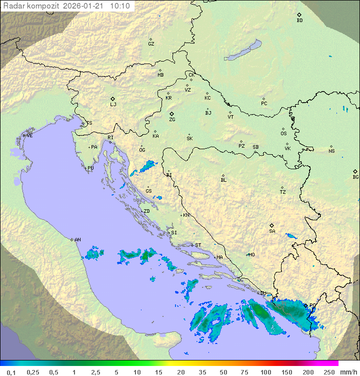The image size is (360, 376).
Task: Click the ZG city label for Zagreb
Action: tap(172, 120)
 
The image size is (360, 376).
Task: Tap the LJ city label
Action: tap(113, 105)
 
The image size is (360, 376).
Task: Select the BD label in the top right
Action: tap(299, 21)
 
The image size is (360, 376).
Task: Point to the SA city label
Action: tap(272, 231)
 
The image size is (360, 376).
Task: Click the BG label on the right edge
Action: tap(355, 177)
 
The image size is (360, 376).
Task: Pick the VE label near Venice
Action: tap(29, 136)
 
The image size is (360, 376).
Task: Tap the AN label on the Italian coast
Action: tap(77, 240)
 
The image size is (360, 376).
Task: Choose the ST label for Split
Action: tap(198, 245)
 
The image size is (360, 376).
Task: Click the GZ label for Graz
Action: tap(151, 44)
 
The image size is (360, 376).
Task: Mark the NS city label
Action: tap(331, 151)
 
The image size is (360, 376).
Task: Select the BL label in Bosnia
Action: tap(223, 180)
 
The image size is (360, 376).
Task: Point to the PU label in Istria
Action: tap(90, 168)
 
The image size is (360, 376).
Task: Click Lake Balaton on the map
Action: tap(243, 51)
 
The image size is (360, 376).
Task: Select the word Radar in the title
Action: tap(13, 6)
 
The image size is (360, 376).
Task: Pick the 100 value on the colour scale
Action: tap(265, 372)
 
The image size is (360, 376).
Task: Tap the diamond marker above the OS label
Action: tap(283, 128)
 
